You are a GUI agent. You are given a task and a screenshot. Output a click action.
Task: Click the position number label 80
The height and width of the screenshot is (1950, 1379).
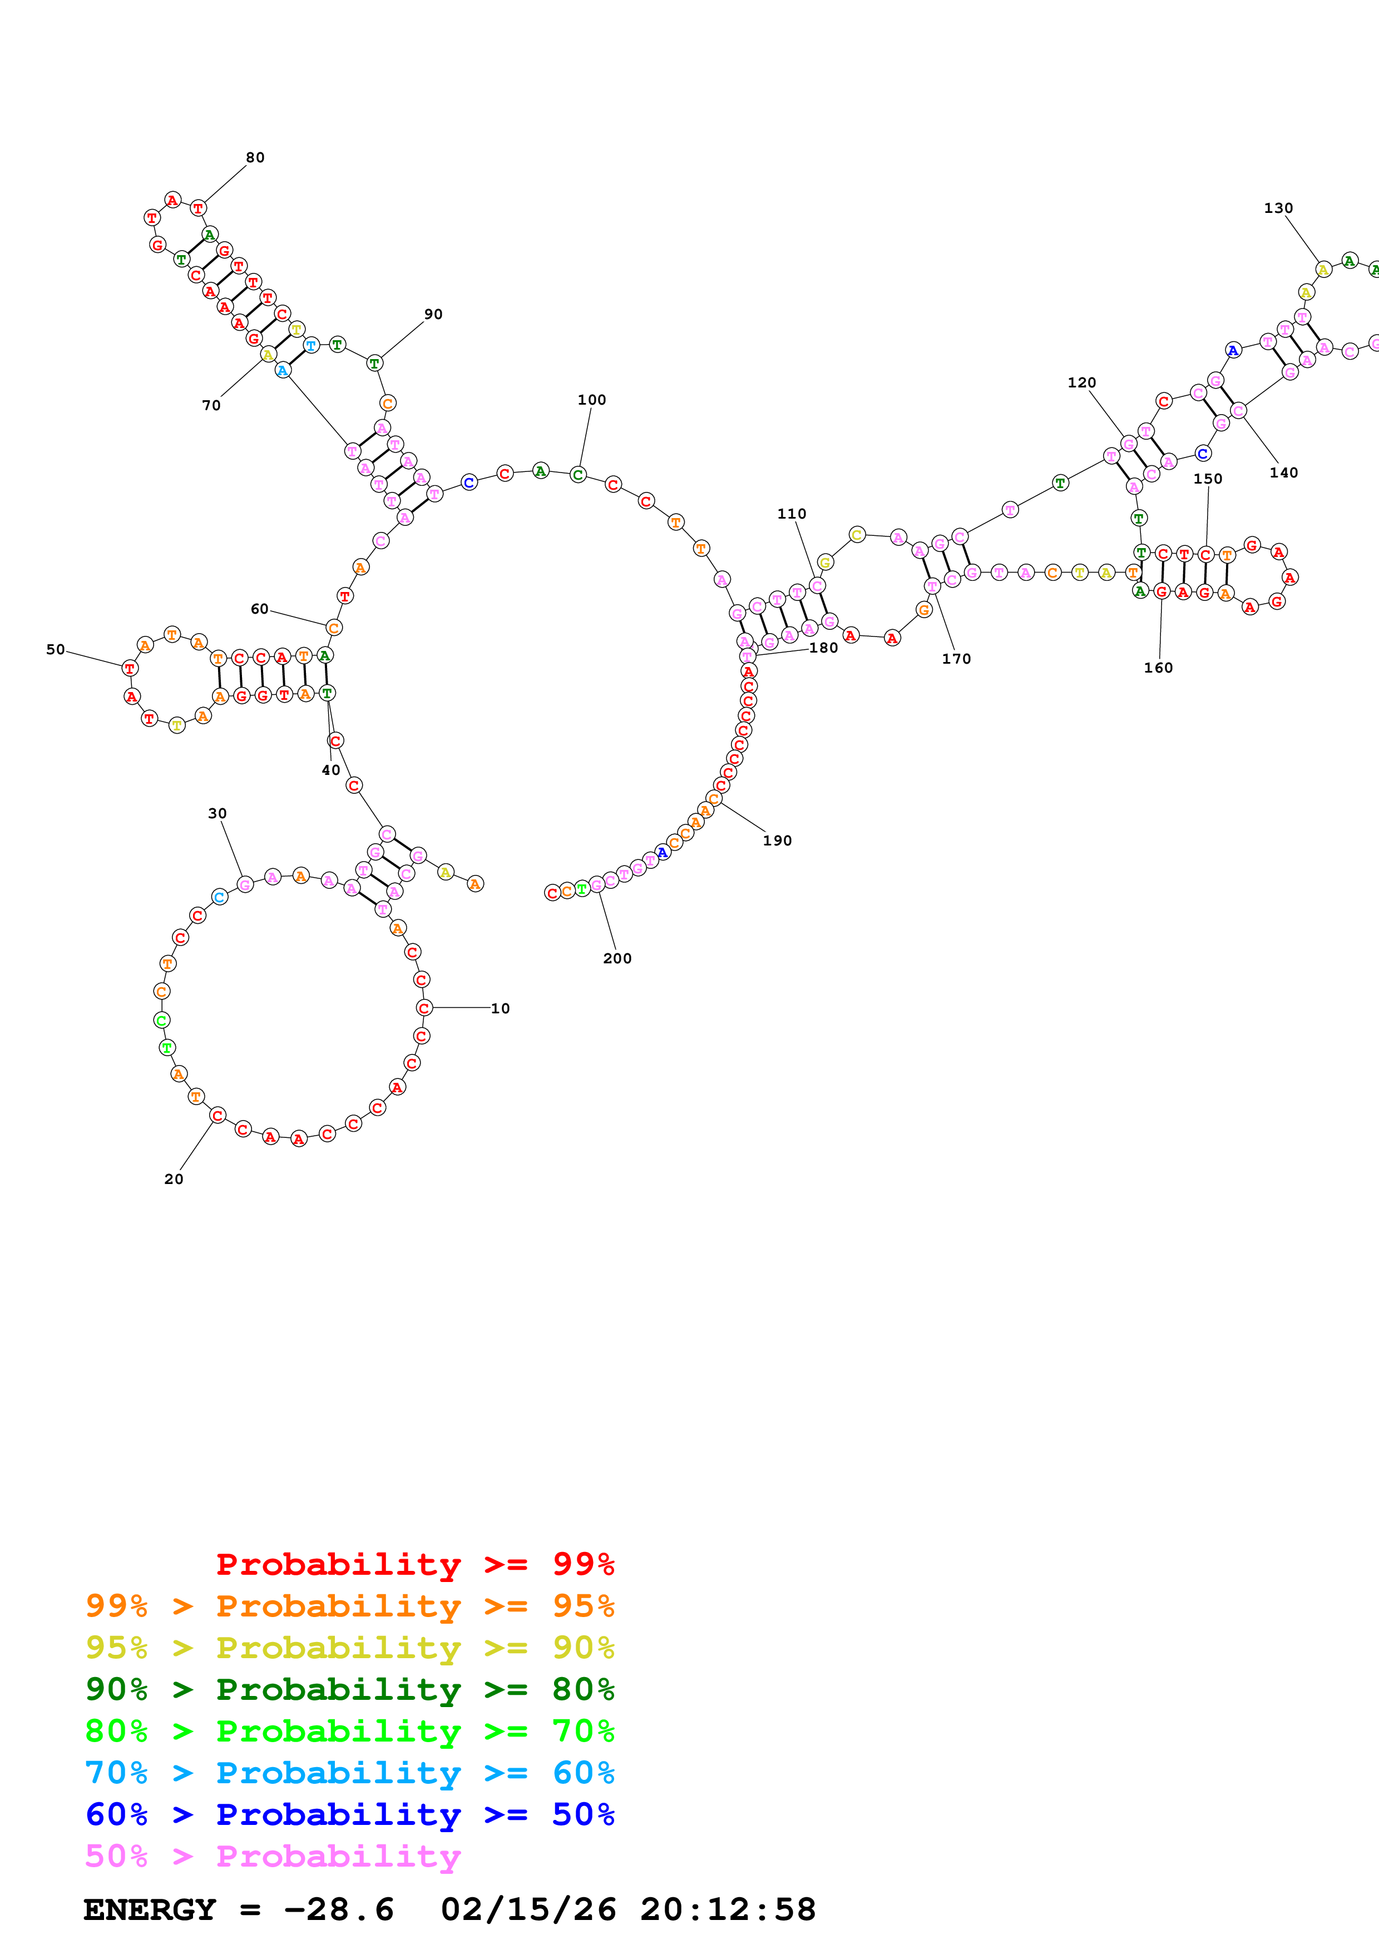click(x=255, y=157)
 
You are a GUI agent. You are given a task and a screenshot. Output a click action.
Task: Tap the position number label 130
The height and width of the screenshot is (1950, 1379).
click(x=1278, y=208)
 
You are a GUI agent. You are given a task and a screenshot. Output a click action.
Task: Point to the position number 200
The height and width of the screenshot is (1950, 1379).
click(x=617, y=958)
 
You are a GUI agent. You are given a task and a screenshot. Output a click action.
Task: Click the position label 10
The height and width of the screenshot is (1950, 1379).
click(x=501, y=1008)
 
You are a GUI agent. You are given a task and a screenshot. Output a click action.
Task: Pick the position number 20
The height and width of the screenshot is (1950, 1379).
click(x=174, y=1179)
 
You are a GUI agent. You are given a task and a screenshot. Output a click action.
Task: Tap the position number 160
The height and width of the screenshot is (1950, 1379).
click(x=1158, y=668)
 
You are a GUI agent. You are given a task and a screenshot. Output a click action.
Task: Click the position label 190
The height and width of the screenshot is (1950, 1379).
click(x=777, y=840)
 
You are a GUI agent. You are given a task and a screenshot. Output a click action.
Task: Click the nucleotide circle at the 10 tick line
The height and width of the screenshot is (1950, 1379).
click(x=424, y=1008)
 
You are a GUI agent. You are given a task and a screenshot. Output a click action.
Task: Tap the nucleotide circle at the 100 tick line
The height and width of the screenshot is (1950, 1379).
click(x=578, y=475)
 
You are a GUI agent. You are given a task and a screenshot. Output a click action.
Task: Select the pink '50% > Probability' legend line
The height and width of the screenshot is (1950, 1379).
click(x=273, y=1856)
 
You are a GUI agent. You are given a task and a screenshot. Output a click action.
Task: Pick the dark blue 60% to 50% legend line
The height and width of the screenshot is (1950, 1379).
click(x=349, y=1814)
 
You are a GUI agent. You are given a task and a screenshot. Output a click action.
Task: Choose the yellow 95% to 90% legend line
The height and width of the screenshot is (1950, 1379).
click(x=349, y=1648)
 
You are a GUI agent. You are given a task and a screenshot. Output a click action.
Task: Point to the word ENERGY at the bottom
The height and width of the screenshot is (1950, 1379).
click(x=150, y=1909)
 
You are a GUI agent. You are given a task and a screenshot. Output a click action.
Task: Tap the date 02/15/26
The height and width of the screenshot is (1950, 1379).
click(x=528, y=1909)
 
